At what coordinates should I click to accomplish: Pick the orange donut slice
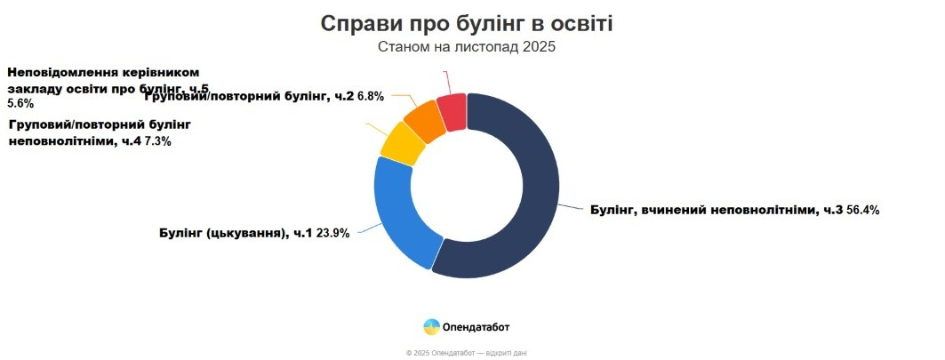point(425,121)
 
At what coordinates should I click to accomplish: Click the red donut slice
point(453,111)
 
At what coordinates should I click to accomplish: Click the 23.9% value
point(333,234)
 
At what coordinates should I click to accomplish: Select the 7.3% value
point(157,141)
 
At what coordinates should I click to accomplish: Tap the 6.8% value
point(371,96)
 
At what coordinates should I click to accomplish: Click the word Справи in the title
point(364,24)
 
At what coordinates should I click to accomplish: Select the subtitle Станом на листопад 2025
point(467,47)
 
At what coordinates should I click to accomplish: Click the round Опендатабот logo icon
point(432,326)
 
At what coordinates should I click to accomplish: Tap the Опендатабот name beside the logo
point(477,327)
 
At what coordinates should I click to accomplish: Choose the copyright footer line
point(466,353)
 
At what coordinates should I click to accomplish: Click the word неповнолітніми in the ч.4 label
point(60,141)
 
